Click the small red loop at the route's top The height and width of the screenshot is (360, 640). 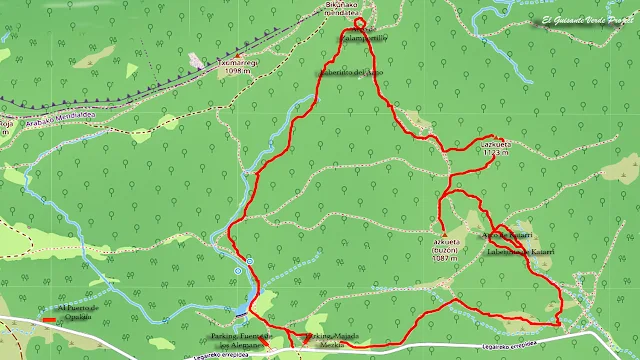[360, 23]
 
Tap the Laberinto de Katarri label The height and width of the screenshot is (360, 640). [520, 252]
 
